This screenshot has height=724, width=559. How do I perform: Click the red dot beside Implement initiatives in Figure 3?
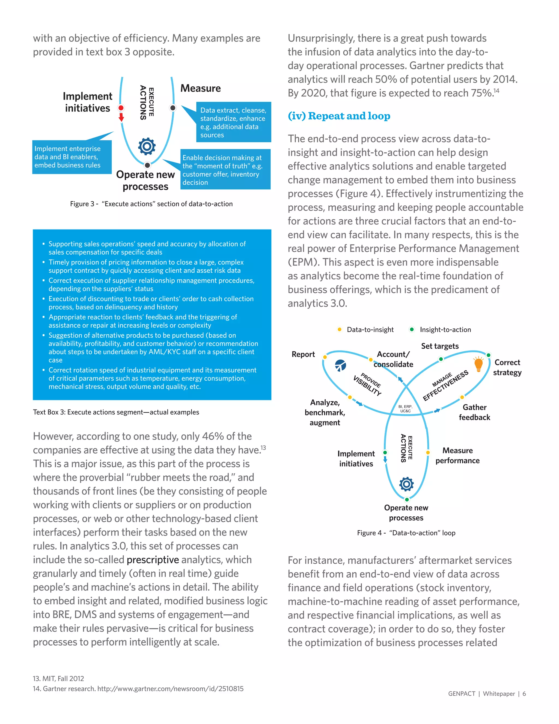click(121, 108)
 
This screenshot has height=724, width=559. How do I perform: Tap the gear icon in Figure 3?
click(147, 146)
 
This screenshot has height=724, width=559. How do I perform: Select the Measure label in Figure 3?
click(200, 88)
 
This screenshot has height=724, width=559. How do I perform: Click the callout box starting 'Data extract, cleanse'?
click(233, 122)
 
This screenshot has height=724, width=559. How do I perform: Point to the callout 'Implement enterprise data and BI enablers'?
click(72, 157)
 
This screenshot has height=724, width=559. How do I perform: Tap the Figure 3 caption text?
click(151, 204)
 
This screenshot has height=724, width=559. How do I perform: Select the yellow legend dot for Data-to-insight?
click(340, 329)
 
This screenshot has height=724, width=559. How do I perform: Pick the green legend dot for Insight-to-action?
click(412, 329)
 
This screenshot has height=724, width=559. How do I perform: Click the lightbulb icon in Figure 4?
click(478, 364)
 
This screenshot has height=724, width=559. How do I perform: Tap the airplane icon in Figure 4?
click(340, 365)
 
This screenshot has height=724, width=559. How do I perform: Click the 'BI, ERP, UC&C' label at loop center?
click(405, 409)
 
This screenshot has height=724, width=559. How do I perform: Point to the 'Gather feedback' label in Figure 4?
click(474, 412)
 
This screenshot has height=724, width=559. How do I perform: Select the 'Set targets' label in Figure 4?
click(440, 346)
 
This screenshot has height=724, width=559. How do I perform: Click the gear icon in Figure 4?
click(407, 484)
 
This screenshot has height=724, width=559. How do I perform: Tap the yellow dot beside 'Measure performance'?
click(428, 452)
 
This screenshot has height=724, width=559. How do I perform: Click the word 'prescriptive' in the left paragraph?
click(153, 560)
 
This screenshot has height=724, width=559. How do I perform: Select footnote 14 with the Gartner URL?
click(138, 689)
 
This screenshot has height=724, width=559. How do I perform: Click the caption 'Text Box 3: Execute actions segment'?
click(116, 412)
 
